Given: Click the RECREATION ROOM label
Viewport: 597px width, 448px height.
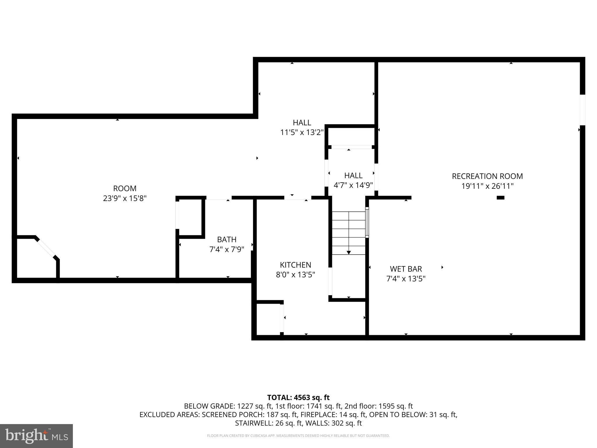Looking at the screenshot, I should click(x=487, y=176).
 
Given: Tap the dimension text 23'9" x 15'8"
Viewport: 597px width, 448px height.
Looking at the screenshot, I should click(x=125, y=198).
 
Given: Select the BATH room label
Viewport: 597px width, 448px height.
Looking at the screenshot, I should click(x=226, y=239).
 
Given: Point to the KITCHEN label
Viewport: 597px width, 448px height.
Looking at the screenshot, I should click(x=295, y=265).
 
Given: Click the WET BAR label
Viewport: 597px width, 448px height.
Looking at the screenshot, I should click(x=406, y=269).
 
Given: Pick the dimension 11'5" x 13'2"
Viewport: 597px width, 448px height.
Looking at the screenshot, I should click(x=302, y=132).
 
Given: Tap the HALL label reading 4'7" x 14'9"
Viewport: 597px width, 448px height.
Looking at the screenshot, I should click(x=353, y=176).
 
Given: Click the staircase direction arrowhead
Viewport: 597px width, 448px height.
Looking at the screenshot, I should click(x=349, y=253).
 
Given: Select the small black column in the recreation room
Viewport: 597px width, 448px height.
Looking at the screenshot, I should click(x=500, y=198).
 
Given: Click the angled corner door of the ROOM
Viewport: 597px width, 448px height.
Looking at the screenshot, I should click(x=46, y=248).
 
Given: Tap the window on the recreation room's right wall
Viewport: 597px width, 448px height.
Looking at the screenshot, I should click(x=582, y=110).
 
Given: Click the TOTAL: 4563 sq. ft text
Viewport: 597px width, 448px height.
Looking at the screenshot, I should click(x=298, y=398).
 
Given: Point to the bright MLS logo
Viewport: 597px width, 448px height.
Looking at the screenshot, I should click(x=36, y=436).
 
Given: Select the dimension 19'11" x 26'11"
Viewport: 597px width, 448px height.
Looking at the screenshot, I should click(x=487, y=186).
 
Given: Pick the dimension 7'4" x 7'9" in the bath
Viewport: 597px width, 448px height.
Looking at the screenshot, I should click(x=226, y=249).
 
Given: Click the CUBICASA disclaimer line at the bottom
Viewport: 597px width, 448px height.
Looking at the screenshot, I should click(x=298, y=436).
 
